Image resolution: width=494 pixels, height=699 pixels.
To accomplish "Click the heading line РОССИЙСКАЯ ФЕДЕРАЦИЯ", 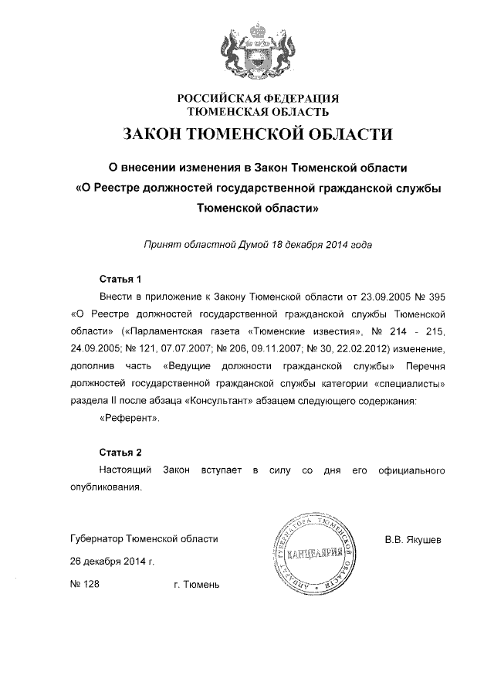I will [259, 99].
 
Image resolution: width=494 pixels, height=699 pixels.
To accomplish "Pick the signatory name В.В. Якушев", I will [413, 539].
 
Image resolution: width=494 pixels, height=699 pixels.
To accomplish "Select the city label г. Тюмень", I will [197, 585].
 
